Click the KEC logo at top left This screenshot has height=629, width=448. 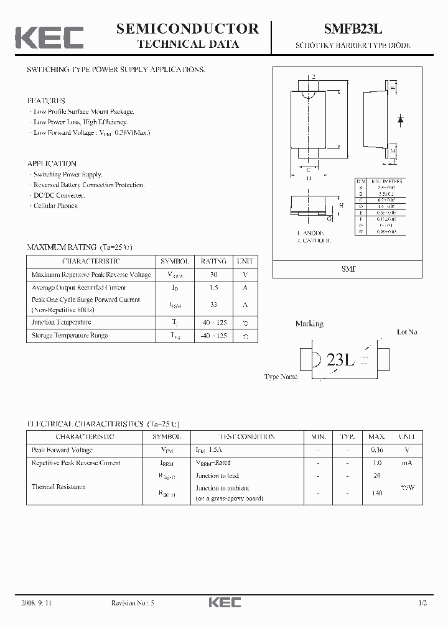click(49, 37)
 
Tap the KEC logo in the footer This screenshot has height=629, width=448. click(223, 603)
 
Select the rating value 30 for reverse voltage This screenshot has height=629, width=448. click(213, 275)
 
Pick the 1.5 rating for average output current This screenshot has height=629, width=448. click(213, 288)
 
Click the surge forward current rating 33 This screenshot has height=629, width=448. click(213, 305)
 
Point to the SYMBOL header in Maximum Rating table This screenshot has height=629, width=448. click(175, 262)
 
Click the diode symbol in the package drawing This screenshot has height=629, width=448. click(401, 117)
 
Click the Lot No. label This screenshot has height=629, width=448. click(408, 333)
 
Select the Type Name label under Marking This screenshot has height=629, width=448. click(281, 377)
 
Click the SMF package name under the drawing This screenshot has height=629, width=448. click(349, 269)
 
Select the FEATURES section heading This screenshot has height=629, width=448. click(45, 101)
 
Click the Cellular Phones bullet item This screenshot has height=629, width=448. click(55, 206)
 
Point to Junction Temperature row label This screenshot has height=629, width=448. click(61, 322)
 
